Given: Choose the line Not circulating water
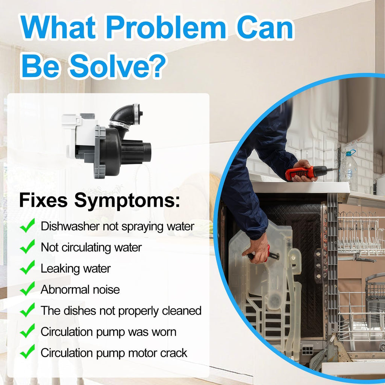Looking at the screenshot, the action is pos(91,247).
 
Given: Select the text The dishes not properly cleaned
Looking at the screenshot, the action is pos(121,311).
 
